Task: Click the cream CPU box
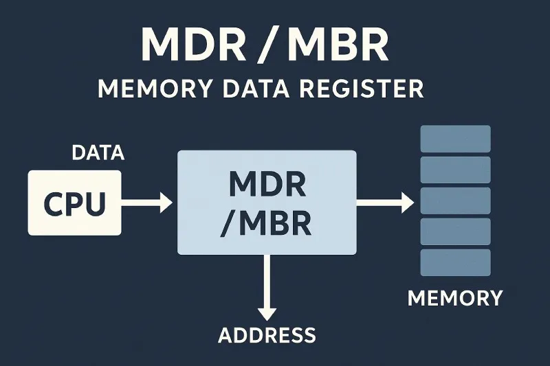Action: click(x=74, y=203)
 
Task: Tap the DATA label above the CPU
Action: click(x=98, y=153)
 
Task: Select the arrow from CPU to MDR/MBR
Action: click(x=146, y=202)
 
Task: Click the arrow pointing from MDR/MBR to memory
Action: click(x=385, y=202)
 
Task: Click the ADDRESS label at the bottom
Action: click(x=267, y=335)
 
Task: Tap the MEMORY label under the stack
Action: click(x=455, y=299)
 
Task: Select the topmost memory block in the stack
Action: click(x=455, y=139)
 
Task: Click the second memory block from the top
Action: click(x=455, y=170)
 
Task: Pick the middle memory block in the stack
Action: click(x=455, y=201)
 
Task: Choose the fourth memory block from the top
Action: click(x=455, y=231)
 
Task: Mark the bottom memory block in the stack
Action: click(x=455, y=262)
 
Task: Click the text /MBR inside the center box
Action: click(x=267, y=223)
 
